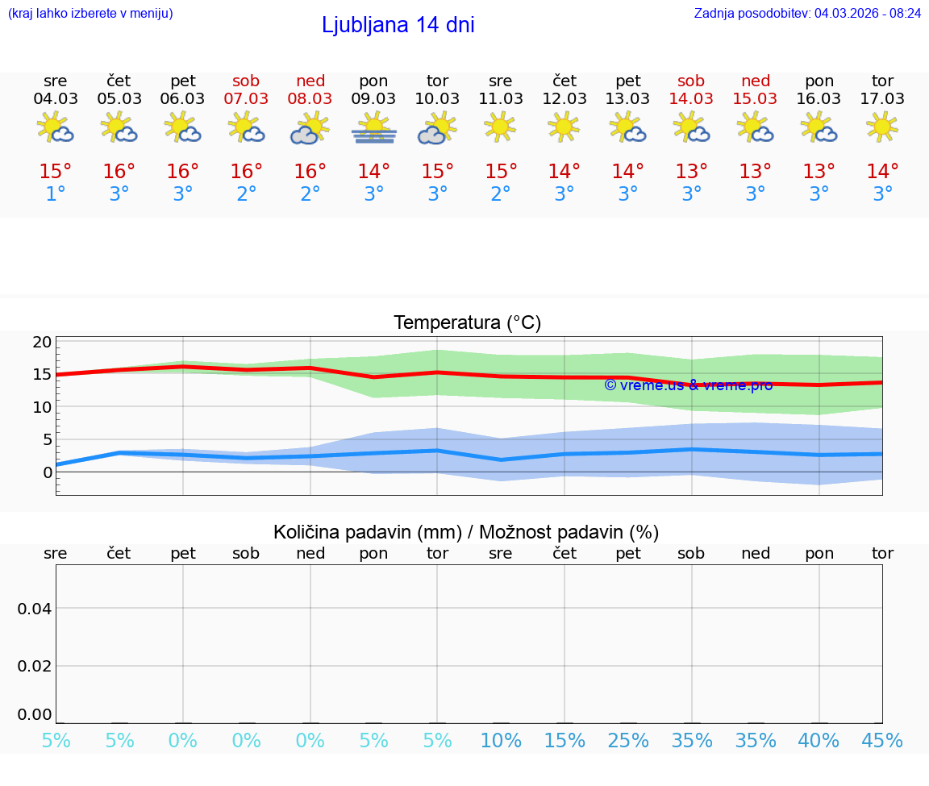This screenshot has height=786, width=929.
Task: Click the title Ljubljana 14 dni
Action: pyautogui.click(x=398, y=25)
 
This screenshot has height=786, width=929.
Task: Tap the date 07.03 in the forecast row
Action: pyautogui.click(x=247, y=99)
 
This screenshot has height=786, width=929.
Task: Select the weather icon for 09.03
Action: pyautogui.click(x=373, y=128)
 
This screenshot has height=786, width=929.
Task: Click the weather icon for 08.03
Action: pyautogui.click(x=310, y=128)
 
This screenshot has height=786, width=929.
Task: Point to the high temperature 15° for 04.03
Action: pyautogui.click(x=56, y=172)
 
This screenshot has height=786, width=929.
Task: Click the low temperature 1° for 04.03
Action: pyautogui.click(x=56, y=194)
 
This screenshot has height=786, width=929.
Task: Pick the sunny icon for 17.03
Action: pyautogui.click(x=882, y=127)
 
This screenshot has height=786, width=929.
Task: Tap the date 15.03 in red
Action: pyautogui.click(x=755, y=99)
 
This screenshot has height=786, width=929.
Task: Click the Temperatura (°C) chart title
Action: pyautogui.click(x=467, y=323)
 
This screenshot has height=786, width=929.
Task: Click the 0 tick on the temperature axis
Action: pyautogui.click(x=47, y=472)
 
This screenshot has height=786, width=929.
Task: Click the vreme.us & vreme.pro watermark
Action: pyautogui.click(x=688, y=385)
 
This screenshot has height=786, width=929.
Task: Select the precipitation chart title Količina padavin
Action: pyautogui.click(x=466, y=532)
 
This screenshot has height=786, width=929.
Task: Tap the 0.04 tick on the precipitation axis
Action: pyautogui.click(x=35, y=609)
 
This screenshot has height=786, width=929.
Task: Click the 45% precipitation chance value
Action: pyautogui.click(x=882, y=741)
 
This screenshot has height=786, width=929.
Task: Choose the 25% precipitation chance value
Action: pyautogui.click(x=628, y=741)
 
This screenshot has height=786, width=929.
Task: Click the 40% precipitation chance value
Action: pyautogui.click(x=819, y=741)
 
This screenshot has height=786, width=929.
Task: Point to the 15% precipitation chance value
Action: pyautogui.click(x=564, y=741)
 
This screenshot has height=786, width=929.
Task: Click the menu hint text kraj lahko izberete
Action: pyautogui.click(x=90, y=13)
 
